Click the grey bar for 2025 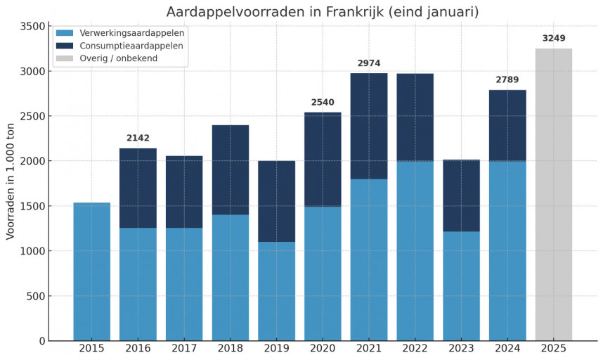point(553,194)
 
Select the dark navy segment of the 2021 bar point(369,126)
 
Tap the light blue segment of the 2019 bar point(276,291)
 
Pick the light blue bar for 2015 point(91,271)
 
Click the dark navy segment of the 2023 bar point(461,195)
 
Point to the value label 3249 point(554,39)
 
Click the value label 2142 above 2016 point(138,139)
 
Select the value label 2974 point(369,63)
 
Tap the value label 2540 point(323,103)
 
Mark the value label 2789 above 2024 point(507,80)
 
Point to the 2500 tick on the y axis point(33,116)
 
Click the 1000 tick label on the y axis point(33,251)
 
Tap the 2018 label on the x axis point(230,349)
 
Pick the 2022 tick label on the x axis point(415,349)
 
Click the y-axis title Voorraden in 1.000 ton point(11,181)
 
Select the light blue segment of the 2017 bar point(184,284)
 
